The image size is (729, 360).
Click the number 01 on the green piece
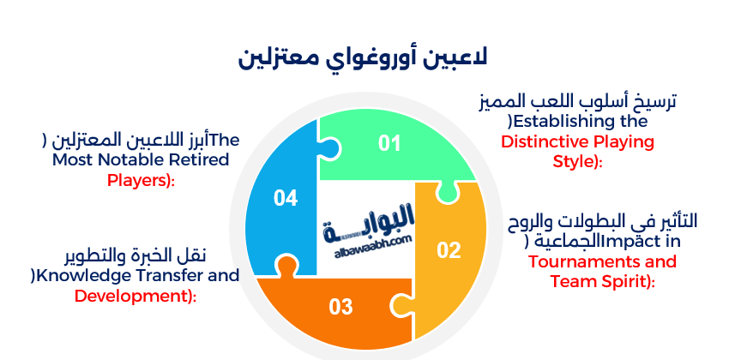[390, 143]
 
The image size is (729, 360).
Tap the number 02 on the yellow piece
[449, 250]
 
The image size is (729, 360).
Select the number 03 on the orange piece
[340, 306]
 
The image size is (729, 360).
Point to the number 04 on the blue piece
[286, 198]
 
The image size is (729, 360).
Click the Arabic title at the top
[364, 60]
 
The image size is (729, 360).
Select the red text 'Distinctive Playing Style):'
[578, 150]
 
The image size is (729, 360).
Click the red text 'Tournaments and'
[602, 261]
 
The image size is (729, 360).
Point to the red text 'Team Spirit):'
[602, 281]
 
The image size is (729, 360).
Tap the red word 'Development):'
[136, 296]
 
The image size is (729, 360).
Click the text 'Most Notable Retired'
[141, 159]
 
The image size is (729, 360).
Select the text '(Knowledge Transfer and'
[135, 275]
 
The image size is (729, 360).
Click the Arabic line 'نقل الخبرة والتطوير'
[136, 255]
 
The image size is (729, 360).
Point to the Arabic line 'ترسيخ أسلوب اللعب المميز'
[577, 100]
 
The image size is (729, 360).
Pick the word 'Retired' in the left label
[201, 159]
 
